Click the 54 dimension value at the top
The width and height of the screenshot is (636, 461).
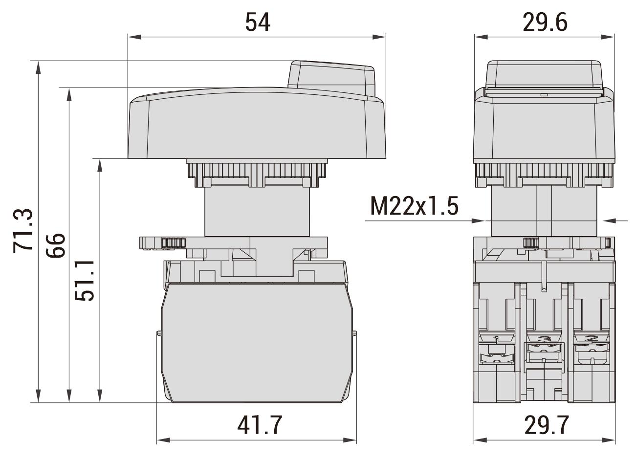(x=258, y=22)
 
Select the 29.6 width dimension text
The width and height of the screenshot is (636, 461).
(x=545, y=22)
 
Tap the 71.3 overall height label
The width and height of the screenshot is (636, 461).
(x=23, y=230)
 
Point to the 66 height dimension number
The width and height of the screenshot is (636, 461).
(x=56, y=245)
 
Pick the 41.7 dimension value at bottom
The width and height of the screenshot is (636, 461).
(x=260, y=425)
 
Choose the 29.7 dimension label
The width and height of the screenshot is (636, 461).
(x=546, y=425)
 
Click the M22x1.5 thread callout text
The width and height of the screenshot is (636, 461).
(x=414, y=207)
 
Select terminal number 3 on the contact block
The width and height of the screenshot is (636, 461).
(x=543, y=338)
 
